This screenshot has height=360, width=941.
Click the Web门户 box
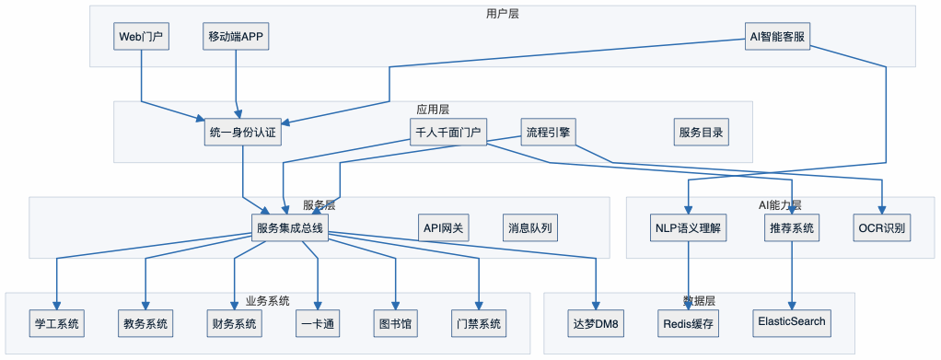[141, 38]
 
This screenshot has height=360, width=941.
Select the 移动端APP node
[238, 38]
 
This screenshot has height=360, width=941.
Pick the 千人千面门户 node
[447, 132]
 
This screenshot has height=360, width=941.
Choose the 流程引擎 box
[548, 132]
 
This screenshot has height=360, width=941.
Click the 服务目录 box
[701, 132]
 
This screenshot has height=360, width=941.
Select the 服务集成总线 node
[290, 227]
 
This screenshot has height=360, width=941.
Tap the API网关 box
[444, 227]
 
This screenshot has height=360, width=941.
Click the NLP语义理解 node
[689, 227]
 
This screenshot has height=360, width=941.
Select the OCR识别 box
[883, 227]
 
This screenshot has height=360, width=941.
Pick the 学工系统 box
[57, 323]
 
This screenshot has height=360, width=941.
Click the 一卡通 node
[318, 323]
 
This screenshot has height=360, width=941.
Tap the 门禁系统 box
[479, 323]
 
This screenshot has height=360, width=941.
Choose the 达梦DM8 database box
[596, 323]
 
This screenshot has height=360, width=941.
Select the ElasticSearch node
[792, 322]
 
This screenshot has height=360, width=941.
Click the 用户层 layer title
[503, 13]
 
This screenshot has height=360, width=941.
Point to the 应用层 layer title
[433, 109]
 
